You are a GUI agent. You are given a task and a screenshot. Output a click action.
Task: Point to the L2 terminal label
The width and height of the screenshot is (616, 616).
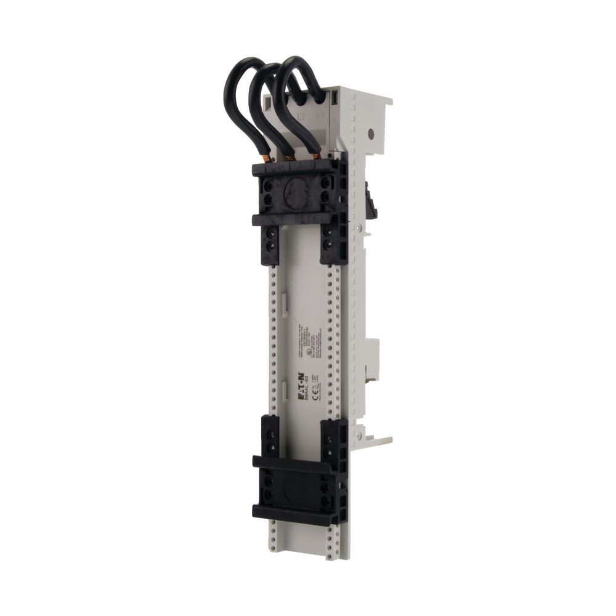[x=301, y=116]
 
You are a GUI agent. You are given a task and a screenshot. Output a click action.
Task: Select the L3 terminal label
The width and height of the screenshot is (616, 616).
[x=319, y=115]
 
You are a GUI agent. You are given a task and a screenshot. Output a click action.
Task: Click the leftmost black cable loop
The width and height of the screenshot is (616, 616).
[x=237, y=92]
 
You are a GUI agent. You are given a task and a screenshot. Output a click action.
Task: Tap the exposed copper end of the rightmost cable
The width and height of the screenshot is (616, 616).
[x=315, y=159]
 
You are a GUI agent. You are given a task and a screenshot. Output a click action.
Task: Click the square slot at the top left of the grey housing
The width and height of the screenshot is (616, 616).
[x=269, y=101]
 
